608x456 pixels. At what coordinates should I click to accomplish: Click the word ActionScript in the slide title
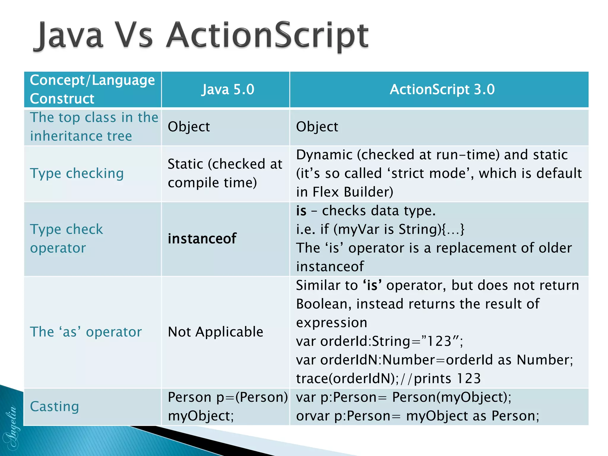coord(267,36)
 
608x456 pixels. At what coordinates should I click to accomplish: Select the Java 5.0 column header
coord(228,89)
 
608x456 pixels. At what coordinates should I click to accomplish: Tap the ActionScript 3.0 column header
coord(442,89)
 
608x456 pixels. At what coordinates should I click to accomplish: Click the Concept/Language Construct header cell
coord(92,89)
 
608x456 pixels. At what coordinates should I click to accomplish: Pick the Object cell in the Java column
coord(189,127)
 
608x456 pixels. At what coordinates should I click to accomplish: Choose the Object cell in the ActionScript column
coord(317,127)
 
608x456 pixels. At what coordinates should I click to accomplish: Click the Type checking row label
coord(77,173)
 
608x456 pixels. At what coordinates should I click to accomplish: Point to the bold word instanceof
coord(202,239)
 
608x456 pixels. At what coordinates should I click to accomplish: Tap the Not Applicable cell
coord(216,332)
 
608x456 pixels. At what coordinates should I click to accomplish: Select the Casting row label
coord(55,406)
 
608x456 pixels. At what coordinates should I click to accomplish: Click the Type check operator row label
coord(66,239)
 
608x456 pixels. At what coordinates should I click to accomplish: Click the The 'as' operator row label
coord(86,332)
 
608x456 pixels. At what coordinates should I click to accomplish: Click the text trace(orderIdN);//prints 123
coord(388,379)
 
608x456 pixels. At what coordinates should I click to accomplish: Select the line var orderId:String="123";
coord(379,341)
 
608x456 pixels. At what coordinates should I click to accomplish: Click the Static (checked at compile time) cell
coord(225,173)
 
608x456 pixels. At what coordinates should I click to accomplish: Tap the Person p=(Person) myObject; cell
coord(228,406)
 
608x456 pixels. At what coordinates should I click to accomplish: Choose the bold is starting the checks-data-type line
coord(301,211)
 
